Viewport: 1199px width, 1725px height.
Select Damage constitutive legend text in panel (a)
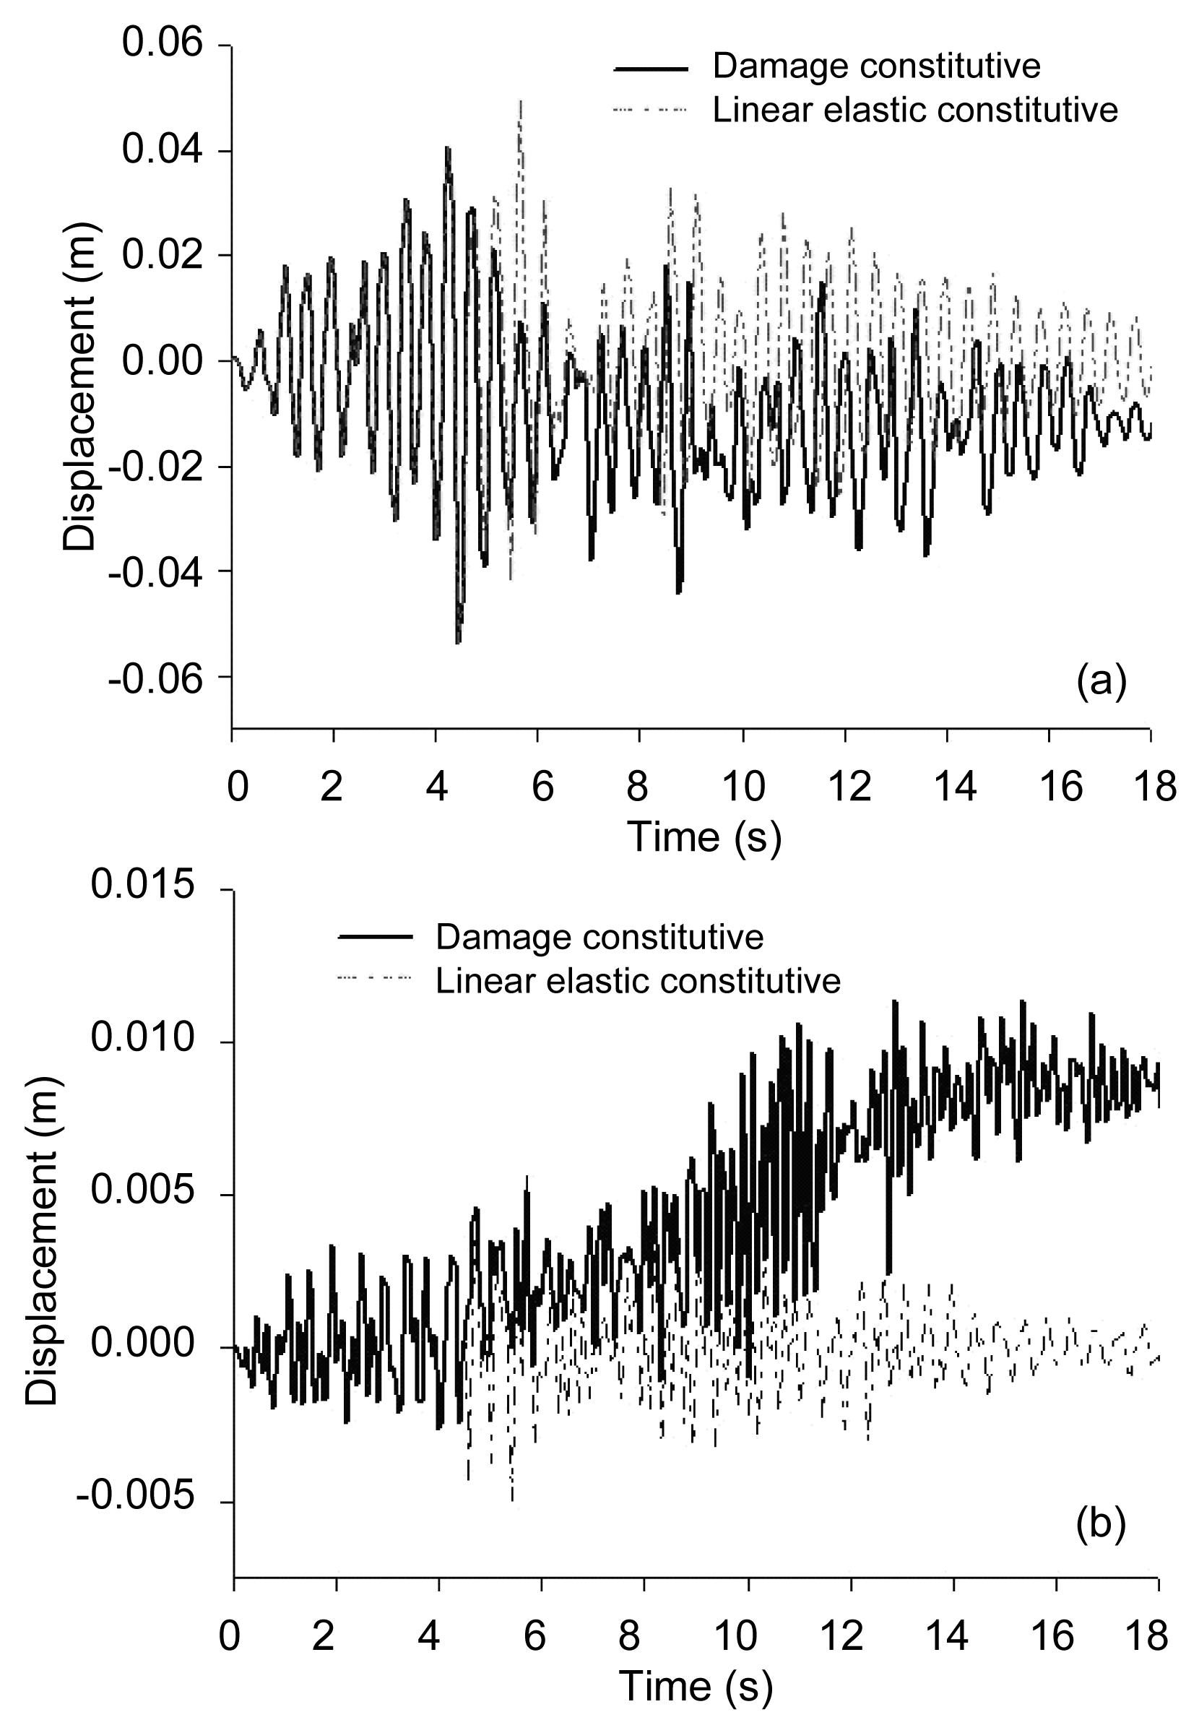(x=876, y=66)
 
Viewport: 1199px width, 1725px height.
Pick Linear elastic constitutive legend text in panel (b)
(x=638, y=980)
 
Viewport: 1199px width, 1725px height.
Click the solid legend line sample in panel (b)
(x=376, y=937)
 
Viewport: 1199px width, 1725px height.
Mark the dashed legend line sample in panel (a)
(x=650, y=110)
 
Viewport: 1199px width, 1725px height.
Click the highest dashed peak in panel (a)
(x=520, y=100)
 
